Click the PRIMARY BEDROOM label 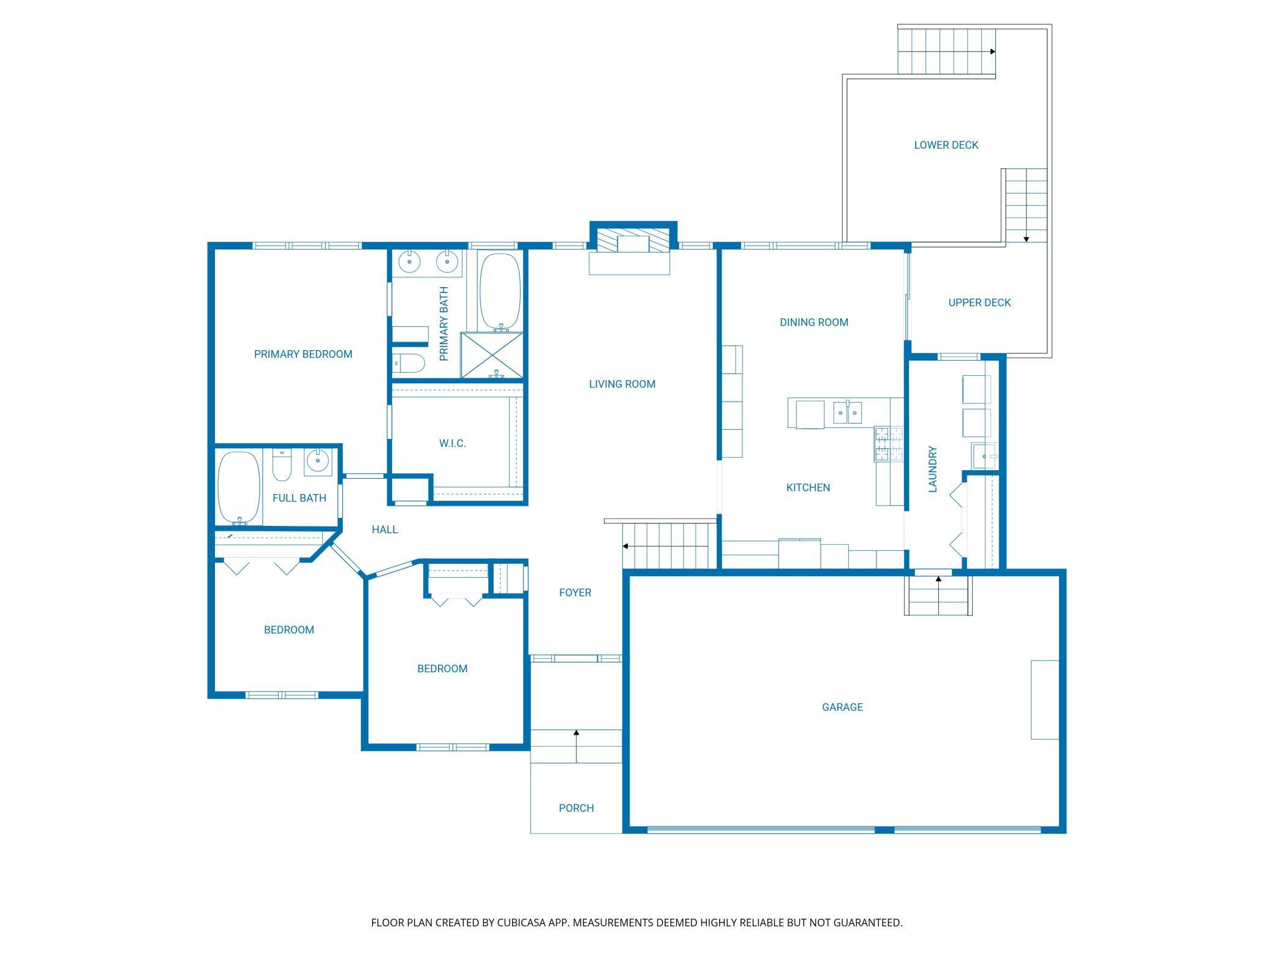[303, 354]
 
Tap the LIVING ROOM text [622, 384]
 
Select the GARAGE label [842, 707]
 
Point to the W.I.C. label [453, 443]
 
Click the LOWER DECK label [946, 145]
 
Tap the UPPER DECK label [979, 302]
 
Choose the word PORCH [576, 808]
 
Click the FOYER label [575, 593]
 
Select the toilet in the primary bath [409, 364]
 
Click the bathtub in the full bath [239, 488]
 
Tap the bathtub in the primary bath [500, 293]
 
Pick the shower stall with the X [492, 356]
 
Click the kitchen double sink [848, 413]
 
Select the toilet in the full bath [282, 466]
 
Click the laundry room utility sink [986, 456]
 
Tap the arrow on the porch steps [576, 746]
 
